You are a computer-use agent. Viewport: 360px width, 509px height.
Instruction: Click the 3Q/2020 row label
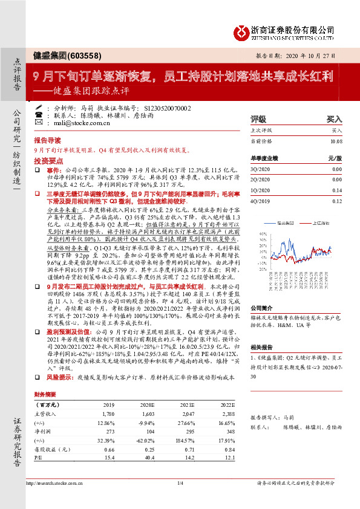[260, 170]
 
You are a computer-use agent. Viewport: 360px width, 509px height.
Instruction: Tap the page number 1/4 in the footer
[180, 483]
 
